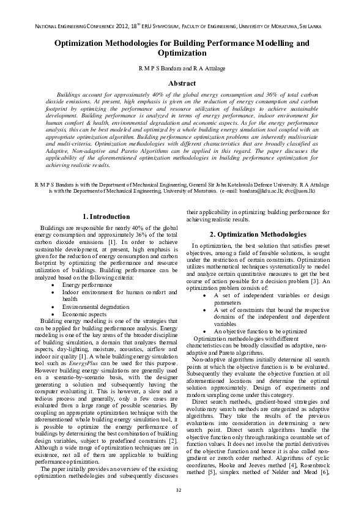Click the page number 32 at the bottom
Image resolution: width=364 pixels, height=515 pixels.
click(179, 491)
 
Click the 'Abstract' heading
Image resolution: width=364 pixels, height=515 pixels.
click(182, 83)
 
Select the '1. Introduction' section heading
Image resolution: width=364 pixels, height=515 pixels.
click(106, 217)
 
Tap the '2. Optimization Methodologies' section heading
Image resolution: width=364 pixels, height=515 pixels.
click(258, 234)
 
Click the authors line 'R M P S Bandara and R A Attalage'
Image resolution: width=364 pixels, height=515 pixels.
click(182, 69)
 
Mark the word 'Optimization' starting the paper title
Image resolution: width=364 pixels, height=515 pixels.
click(87, 44)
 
